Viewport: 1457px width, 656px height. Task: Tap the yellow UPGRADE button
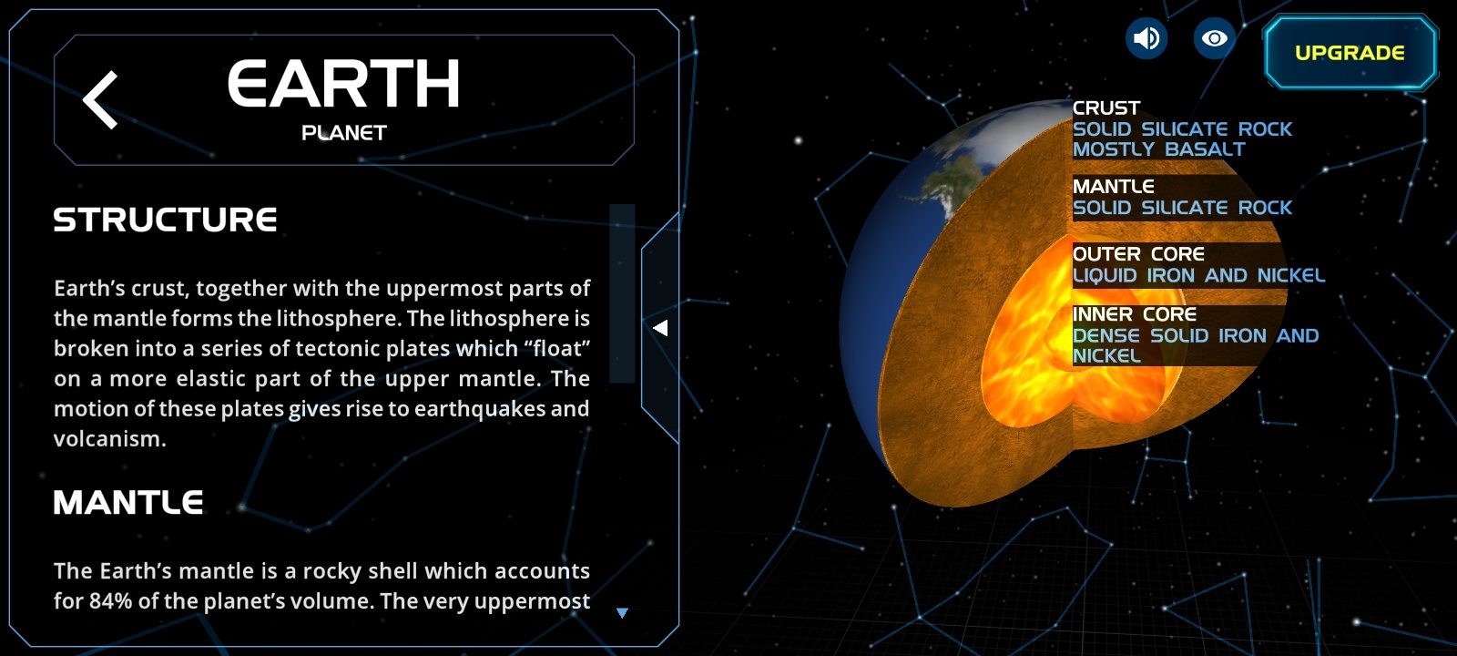1350,53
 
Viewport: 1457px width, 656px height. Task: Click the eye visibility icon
1214,38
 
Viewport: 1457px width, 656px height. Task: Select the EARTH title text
343,83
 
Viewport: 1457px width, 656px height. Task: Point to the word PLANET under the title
344,133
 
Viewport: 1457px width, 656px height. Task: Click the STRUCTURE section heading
165,220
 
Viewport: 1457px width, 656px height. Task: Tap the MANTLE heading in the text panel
128,502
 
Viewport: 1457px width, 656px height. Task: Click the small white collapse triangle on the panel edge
660,328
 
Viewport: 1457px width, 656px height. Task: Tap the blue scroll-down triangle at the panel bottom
623,612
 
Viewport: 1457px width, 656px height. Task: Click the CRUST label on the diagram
1105,108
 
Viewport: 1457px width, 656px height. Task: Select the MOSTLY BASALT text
1158,149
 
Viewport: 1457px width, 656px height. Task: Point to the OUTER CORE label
1138,254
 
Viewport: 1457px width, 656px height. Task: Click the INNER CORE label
1135,314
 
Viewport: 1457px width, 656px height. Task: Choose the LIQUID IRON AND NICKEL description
1198,275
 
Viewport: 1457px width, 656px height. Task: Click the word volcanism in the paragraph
108,438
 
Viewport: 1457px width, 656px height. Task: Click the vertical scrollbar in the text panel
622,292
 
